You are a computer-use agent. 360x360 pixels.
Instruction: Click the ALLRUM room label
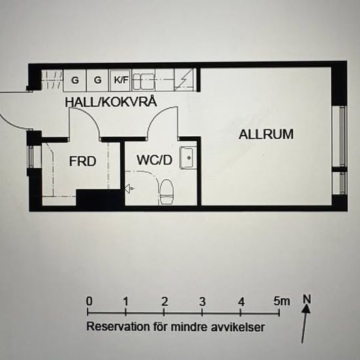tap(266, 134)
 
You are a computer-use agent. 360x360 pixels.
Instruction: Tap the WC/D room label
tap(154, 160)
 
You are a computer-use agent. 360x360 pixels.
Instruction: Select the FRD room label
tap(82, 162)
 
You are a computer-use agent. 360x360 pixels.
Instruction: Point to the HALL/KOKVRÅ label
tap(111, 102)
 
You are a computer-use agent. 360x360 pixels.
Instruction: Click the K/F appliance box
tap(120, 80)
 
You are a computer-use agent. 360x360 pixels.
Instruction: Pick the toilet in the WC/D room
tap(166, 192)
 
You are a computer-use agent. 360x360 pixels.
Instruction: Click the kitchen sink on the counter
tap(143, 82)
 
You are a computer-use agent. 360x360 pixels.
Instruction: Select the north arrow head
tap(306, 310)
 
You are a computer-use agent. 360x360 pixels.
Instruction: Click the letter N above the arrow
tap(307, 299)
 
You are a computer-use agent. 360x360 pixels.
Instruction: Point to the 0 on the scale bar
tap(89, 301)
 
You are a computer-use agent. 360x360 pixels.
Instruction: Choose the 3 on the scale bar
tap(202, 302)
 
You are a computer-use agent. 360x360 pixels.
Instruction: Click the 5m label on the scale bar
tap(281, 301)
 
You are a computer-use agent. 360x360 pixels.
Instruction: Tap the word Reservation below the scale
tap(118, 326)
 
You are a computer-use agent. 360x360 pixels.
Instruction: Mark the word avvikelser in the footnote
tap(238, 327)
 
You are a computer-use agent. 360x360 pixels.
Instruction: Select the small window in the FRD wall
tap(31, 156)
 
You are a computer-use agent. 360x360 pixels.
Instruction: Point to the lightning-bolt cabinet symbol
tap(184, 80)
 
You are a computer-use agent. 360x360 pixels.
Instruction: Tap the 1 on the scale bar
tap(126, 302)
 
